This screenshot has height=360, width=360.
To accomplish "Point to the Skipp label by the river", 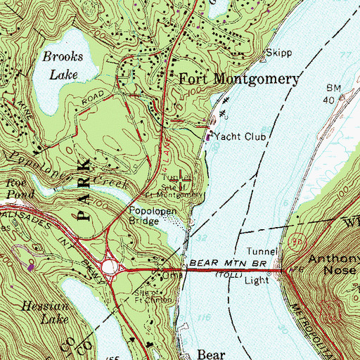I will tap(279, 53).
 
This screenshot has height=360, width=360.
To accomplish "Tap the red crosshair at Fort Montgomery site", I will tap(185, 180).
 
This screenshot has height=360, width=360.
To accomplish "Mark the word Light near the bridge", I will tap(258, 279).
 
